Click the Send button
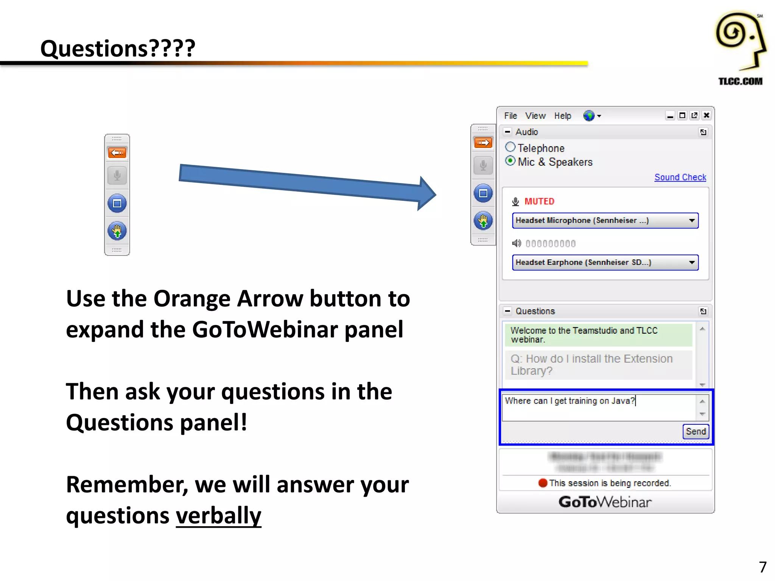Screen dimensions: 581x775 (x=695, y=432)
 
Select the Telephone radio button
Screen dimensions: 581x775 (x=510, y=147)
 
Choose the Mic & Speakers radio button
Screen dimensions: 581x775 (x=510, y=161)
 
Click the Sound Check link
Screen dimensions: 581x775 (x=680, y=177)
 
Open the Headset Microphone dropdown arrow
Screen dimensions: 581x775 (x=692, y=221)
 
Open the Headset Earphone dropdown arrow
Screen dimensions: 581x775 (x=692, y=263)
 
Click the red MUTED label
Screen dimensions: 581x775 (x=539, y=202)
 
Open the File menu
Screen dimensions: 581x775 (x=510, y=116)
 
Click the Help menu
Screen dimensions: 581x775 (x=562, y=116)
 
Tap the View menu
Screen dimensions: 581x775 (x=535, y=116)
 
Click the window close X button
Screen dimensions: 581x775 (x=706, y=115)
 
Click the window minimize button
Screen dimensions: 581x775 (x=670, y=115)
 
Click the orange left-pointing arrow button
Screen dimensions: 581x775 (x=117, y=152)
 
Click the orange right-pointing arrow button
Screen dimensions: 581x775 (x=483, y=143)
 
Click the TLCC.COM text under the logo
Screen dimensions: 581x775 (x=740, y=81)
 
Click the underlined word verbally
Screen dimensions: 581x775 (x=218, y=516)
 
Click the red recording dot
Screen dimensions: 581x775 (x=543, y=483)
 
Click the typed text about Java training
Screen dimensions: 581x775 (x=570, y=401)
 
